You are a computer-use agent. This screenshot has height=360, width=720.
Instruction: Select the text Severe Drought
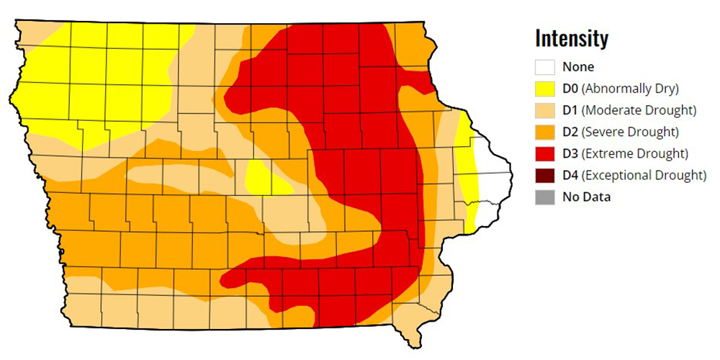click(x=630, y=132)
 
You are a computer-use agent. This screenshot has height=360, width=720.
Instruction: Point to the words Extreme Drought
click(x=634, y=153)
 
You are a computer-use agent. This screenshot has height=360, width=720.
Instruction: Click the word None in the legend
click(x=579, y=67)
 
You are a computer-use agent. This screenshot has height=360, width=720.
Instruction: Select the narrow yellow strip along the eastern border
click(x=469, y=173)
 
